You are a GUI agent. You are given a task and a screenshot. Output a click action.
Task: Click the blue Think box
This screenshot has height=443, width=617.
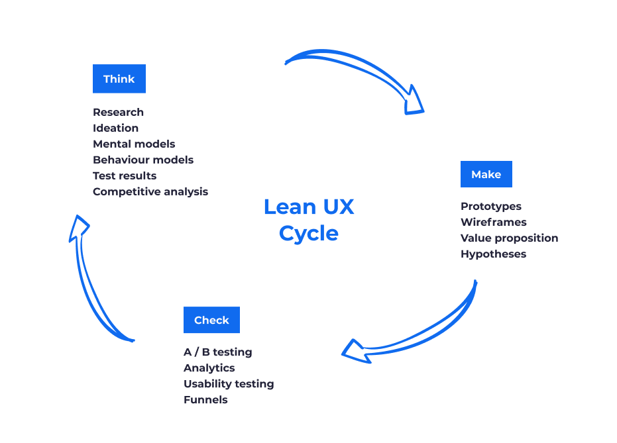point(119,79)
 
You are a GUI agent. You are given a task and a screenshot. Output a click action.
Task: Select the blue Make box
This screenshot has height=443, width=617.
point(486,174)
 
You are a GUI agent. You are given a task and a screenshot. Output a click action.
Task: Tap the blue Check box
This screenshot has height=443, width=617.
point(211,320)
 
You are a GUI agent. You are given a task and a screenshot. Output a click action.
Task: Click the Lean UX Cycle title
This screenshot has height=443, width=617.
point(309,220)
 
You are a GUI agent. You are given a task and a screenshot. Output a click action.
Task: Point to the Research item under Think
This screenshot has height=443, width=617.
point(118,112)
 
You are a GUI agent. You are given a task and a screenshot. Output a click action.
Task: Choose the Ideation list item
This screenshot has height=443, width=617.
point(115,128)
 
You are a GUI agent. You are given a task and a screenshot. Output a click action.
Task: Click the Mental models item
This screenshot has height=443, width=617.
point(134,144)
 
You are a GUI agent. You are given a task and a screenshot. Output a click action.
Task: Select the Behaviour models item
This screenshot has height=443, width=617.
point(143,160)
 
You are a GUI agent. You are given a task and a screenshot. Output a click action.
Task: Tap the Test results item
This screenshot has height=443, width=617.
point(125,175)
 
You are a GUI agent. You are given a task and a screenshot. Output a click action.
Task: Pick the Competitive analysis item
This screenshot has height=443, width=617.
point(150,191)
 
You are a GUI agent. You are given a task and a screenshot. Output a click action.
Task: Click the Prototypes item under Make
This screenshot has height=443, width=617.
point(491,206)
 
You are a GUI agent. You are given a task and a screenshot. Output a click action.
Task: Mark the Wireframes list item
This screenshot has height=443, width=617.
point(494,222)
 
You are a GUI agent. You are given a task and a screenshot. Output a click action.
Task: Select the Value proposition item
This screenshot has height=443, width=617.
point(509,238)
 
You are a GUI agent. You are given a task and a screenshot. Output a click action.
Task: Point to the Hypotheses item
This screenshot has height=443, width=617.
point(493,254)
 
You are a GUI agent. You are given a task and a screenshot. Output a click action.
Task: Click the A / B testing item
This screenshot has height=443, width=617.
point(217,352)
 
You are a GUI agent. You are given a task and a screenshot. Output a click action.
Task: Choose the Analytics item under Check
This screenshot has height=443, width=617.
point(209,368)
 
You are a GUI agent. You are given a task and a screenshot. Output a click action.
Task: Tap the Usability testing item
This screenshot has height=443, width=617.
point(229,383)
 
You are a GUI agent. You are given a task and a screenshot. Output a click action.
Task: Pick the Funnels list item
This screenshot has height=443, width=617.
point(205,399)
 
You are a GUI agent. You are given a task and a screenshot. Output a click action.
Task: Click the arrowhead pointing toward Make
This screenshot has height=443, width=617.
point(414,101)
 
